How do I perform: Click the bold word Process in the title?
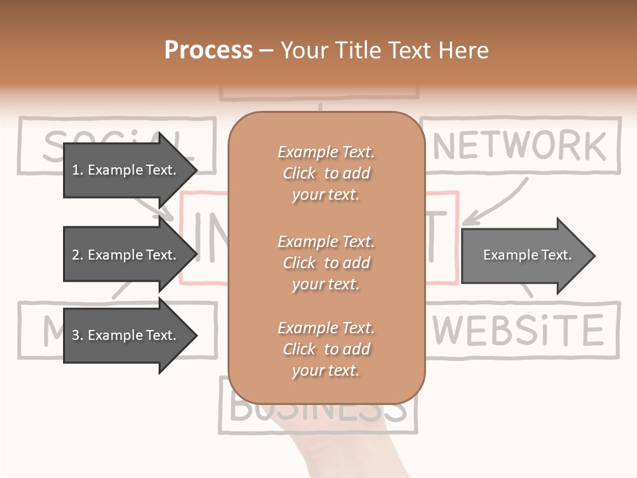click(208, 50)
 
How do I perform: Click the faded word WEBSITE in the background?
click(520, 330)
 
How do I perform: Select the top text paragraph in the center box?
click(326, 173)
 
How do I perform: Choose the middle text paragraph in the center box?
click(326, 263)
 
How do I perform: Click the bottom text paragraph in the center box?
click(326, 349)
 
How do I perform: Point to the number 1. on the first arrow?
click(78, 170)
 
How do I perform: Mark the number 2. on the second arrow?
click(78, 255)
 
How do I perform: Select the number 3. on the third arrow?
click(78, 335)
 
